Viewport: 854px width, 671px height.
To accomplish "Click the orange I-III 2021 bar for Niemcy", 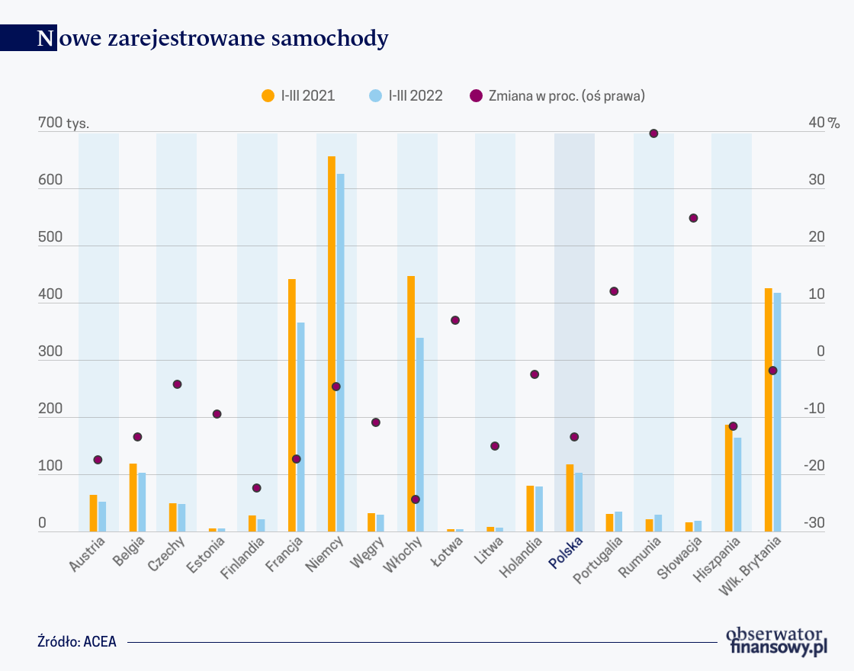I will pyautogui.click(x=332, y=343).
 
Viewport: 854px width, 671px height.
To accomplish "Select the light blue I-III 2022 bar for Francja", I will pyautogui.click(x=300, y=427).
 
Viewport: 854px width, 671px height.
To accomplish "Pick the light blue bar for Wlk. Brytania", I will pyautogui.click(x=777, y=412).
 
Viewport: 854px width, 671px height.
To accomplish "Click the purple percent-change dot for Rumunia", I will pyautogui.click(x=653, y=133).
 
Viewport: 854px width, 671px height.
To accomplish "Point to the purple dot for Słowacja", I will pyautogui.click(x=693, y=218).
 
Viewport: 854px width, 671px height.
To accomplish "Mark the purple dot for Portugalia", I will pyautogui.click(x=614, y=291).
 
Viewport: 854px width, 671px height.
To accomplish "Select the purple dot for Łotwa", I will pyautogui.click(x=455, y=320).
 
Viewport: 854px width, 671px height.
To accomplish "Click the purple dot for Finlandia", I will pyautogui.click(x=257, y=488).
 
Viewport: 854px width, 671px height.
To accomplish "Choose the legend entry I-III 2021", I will pyautogui.click(x=298, y=96).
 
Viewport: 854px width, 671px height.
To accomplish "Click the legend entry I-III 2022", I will pyautogui.click(x=406, y=96).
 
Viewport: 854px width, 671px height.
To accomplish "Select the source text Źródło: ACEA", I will pyautogui.click(x=77, y=641).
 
